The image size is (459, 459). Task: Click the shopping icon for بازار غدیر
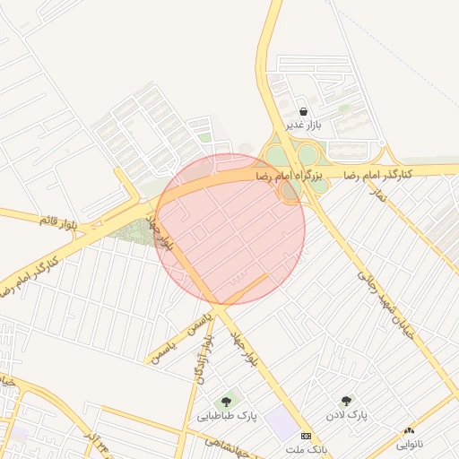pyautogui.click(x=306, y=112)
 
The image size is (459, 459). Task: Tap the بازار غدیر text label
pyautogui.click(x=302, y=126)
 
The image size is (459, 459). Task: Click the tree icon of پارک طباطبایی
pyautogui.click(x=225, y=401)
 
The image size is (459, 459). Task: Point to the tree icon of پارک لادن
pyautogui.click(x=346, y=401)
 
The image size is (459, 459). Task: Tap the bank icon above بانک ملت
pyautogui.click(x=307, y=436)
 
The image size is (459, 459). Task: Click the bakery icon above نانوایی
pyautogui.click(x=410, y=432)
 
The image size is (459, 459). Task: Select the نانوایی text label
pyautogui.click(x=410, y=445)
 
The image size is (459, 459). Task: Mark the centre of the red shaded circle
pyautogui.click(x=230, y=229)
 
